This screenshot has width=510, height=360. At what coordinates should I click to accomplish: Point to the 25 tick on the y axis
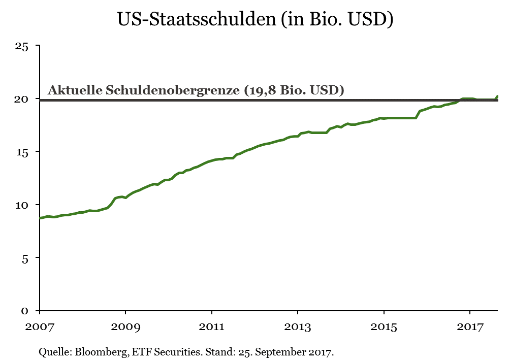coord(21,46)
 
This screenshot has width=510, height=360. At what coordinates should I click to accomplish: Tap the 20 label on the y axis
coord(21,99)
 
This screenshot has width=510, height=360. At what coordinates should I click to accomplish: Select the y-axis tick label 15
coord(21,152)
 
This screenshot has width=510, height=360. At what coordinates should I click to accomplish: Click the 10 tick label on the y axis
coord(21,205)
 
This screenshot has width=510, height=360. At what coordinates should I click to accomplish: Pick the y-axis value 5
coord(24,257)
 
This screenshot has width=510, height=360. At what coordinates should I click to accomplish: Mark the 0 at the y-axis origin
coord(24,310)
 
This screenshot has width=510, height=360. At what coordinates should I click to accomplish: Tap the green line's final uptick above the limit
coord(497,96)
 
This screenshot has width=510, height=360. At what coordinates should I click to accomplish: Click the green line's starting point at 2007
coord(41,218)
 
